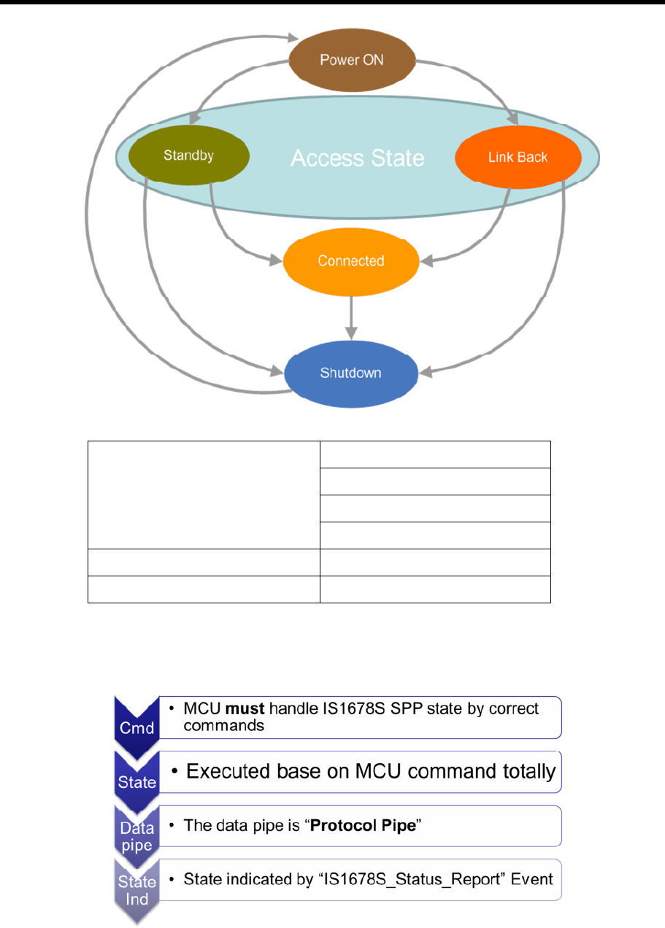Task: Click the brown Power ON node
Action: point(352,60)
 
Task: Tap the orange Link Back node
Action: point(518,158)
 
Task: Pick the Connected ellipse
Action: point(350,261)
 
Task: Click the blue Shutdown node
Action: point(350,373)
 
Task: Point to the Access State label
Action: point(358,158)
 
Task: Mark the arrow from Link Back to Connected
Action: point(482,237)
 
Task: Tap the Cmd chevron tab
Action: point(137,725)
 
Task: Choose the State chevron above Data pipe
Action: point(137,779)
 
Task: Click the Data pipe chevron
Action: point(137,835)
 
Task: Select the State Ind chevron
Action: point(137,890)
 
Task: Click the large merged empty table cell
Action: point(204,495)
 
